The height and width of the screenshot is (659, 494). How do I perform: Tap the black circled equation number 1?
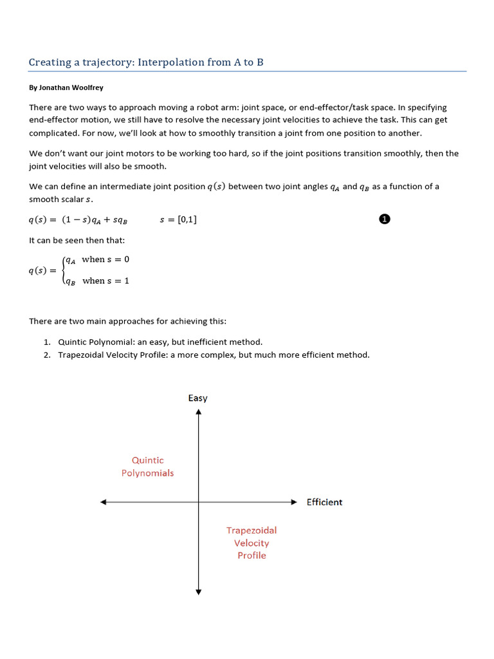click(384, 219)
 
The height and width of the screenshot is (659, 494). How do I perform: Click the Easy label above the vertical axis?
click(198, 398)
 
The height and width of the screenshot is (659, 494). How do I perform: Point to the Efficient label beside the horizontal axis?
click(324, 502)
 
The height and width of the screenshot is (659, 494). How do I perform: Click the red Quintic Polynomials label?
click(148, 467)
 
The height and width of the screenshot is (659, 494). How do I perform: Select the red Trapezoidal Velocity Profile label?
click(252, 543)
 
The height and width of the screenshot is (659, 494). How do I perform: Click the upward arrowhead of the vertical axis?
click(198, 413)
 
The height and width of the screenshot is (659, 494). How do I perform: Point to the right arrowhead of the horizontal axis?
click(294, 502)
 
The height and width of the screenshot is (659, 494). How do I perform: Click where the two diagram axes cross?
click(198, 502)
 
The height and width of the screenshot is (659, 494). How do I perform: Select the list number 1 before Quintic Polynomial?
click(48, 342)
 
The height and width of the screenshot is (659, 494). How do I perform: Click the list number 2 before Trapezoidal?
click(48, 355)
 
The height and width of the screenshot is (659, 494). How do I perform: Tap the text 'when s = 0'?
click(105, 259)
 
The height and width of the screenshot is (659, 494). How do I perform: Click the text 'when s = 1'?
click(105, 281)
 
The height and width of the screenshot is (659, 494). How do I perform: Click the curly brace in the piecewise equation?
click(62, 270)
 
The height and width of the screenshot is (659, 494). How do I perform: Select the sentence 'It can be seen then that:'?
click(77, 241)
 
